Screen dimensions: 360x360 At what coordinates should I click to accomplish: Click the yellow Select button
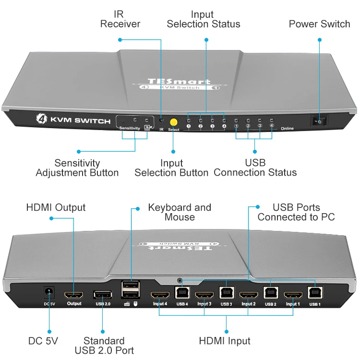(174, 122)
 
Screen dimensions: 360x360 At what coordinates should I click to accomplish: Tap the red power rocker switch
(318, 121)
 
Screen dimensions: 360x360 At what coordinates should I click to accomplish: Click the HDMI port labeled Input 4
(160, 295)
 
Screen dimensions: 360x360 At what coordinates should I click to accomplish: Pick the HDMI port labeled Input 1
(293, 295)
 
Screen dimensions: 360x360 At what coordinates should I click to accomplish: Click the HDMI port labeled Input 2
(249, 295)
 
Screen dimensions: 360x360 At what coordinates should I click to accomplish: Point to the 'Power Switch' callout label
(319, 24)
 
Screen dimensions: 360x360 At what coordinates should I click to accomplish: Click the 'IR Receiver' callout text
(120, 19)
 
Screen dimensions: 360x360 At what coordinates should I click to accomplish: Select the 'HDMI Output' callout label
(56, 208)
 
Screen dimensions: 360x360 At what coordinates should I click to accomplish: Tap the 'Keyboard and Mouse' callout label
(180, 212)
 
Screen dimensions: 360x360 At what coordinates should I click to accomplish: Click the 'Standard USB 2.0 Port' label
(104, 346)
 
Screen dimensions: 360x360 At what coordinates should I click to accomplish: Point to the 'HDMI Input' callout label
(225, 341)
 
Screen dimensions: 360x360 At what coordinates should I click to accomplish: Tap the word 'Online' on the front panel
(287, 129)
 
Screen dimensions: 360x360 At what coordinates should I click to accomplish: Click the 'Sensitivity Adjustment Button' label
(77, 168)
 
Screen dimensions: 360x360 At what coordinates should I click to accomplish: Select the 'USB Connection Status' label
(255, 168)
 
